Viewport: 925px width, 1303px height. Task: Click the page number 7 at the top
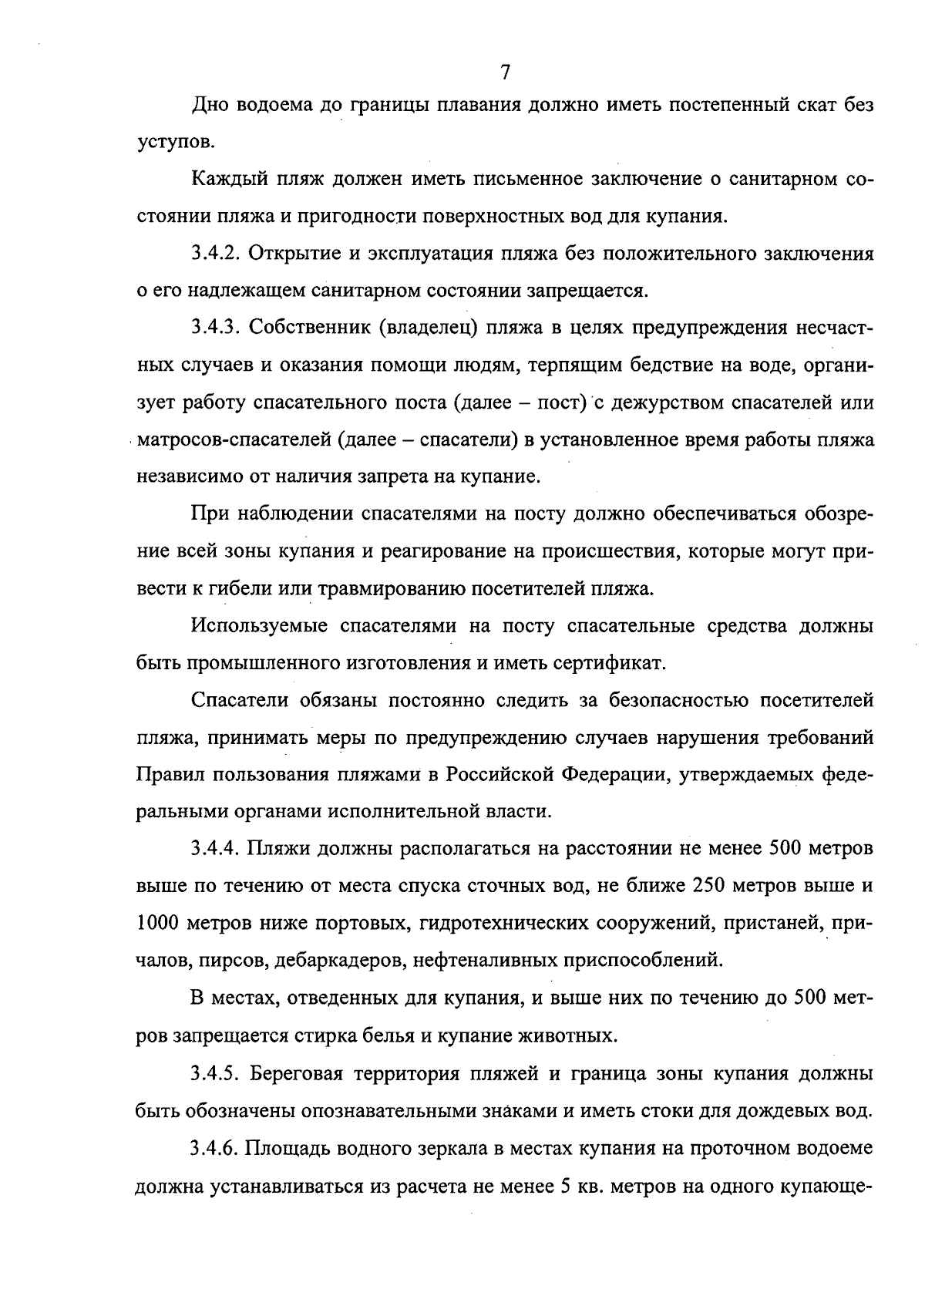pos(505,72)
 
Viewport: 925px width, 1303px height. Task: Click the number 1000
pos(157,923)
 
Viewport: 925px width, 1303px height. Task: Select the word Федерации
pos(613,774)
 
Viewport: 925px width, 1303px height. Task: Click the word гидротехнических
pos(506,923)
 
